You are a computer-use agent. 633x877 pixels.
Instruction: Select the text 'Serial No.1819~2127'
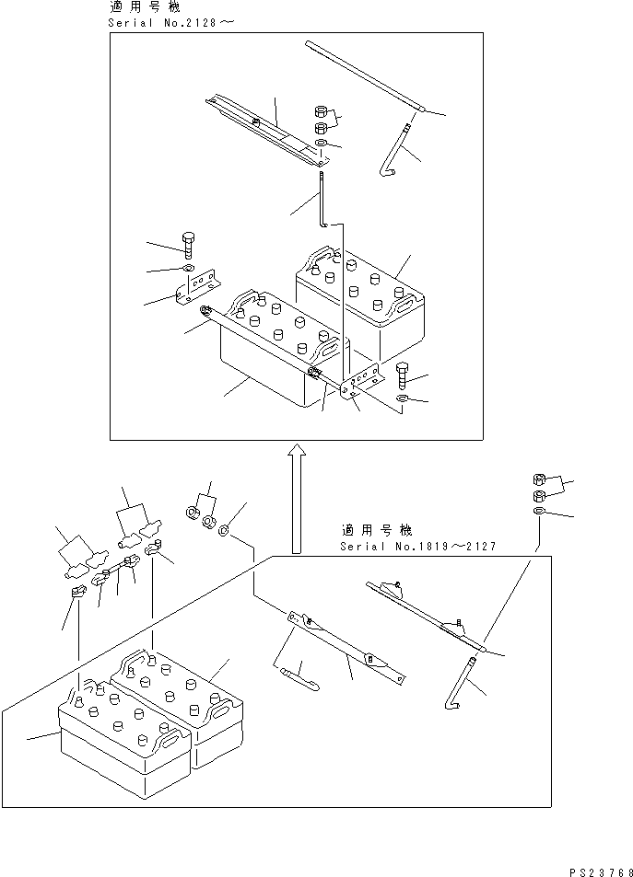coord(417,546)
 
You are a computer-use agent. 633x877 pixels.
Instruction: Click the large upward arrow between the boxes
coord(297,497)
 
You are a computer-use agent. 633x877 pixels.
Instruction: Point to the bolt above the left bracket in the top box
coord(189,245)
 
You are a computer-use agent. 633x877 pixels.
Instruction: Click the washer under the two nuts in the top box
coord(320,145)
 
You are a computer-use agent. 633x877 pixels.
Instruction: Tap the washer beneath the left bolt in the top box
coord(187,269)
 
